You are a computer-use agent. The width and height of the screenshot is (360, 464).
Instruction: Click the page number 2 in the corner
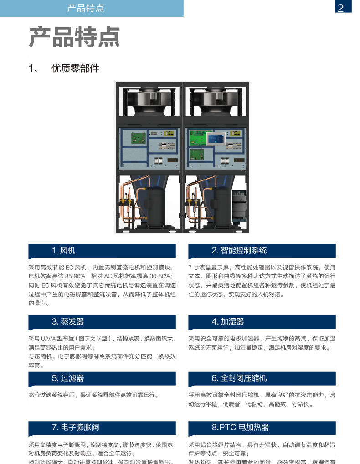(341, 8)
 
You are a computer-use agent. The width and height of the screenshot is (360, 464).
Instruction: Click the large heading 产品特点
(74, 37)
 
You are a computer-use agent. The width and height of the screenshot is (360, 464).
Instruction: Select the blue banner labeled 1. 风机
(102, 250)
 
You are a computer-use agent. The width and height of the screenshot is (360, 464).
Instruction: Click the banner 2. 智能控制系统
(262, 250)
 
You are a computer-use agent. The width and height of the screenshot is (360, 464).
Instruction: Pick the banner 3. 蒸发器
(102, 322)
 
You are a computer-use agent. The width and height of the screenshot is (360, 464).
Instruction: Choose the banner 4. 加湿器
(262, 322)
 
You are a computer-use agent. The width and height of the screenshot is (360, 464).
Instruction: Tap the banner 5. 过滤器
(102, 378)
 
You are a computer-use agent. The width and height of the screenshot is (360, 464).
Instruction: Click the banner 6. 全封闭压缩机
(262, 378)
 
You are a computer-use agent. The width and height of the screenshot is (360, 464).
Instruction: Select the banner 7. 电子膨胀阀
(102, 428)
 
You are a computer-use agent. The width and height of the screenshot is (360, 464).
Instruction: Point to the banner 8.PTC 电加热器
(262, 428)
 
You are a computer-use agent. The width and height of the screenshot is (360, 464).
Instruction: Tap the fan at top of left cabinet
(148, 100)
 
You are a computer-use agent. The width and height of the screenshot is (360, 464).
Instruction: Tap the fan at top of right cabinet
(216, 100)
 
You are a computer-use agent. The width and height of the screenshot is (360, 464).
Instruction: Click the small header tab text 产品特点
(85, 8)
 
